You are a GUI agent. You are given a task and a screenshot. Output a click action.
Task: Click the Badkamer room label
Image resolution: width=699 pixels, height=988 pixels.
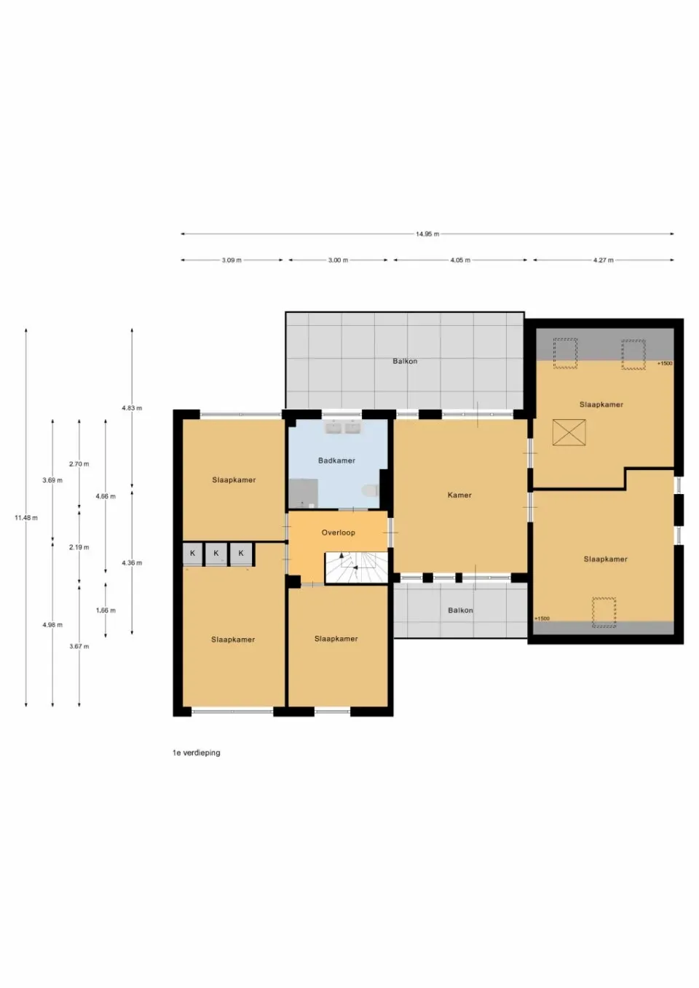pos(336,461)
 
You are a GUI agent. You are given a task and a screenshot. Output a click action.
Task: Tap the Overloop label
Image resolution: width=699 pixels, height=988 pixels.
pos(338,533)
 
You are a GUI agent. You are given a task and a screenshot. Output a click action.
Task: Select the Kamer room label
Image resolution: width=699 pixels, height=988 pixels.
pos(459,495)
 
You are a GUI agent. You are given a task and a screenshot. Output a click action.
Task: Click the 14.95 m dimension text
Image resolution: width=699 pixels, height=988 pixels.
pos(427,234)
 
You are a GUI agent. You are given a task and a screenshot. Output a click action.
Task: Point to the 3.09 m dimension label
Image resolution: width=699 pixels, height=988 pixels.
pos(232,260)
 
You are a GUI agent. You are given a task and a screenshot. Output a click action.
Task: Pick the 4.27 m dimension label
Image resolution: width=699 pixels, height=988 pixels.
pos(603,260)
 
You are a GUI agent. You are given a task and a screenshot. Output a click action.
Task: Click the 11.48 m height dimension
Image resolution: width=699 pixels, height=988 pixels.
pos(26,518)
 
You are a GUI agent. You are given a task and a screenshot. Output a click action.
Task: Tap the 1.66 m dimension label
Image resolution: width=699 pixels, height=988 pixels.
pos(106,610)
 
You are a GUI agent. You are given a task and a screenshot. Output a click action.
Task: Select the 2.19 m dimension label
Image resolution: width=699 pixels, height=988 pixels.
pos(79,547)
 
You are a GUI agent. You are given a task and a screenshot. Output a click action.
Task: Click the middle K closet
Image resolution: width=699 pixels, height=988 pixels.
pos(216,554)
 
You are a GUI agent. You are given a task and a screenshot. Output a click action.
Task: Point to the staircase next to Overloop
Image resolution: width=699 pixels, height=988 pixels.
pos(356,567)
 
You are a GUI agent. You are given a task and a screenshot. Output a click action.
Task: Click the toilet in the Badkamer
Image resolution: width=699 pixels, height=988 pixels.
pos(370,490)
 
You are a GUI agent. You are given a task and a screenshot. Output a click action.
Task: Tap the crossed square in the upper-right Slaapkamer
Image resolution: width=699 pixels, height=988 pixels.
pos(569,432)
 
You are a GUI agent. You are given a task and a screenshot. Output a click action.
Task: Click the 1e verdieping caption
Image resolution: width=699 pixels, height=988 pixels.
pos(197,753)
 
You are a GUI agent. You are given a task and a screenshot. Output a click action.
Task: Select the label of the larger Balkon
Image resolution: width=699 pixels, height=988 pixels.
pos(405,362)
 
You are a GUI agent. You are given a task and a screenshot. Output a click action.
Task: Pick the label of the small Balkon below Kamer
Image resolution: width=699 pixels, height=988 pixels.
pos(460,610)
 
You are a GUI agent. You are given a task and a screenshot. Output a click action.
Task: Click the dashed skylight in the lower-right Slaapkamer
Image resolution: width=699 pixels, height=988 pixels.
pos(604,613)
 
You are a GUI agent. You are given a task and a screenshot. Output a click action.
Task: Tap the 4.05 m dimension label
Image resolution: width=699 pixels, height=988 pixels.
pos(460,260)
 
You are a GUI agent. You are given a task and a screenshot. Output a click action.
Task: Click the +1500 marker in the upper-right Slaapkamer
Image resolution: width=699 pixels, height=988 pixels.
pos(665,364)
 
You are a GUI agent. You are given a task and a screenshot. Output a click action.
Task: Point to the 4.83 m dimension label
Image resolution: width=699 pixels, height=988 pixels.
pos(132,408)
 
